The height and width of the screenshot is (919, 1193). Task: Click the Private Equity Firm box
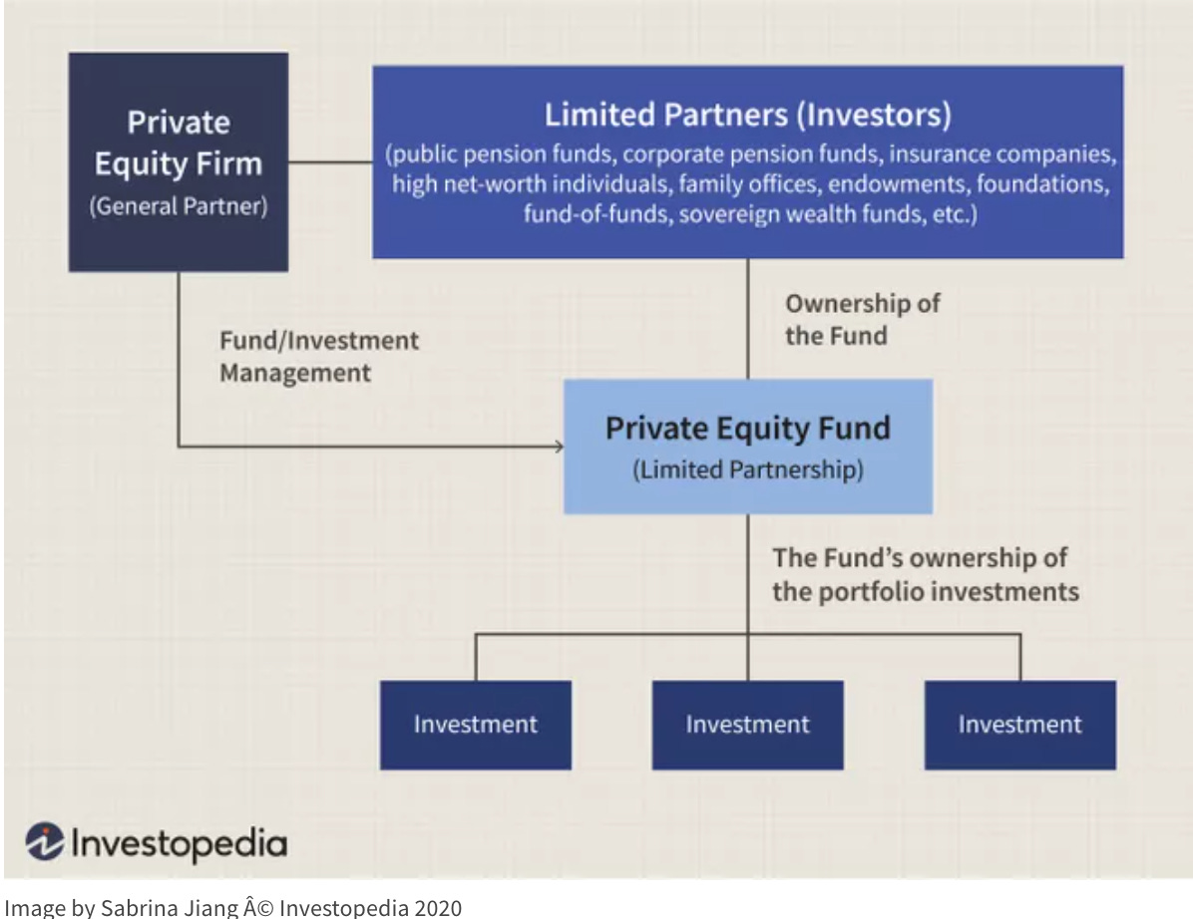click(178, 161)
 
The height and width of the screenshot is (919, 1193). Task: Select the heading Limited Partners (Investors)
click(747, 116)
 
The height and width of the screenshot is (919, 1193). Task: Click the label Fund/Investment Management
click(319, 356)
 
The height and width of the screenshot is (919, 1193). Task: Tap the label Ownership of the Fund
click(862, 319)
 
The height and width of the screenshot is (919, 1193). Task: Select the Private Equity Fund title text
click(747, 429)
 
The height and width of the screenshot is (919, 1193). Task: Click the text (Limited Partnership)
click(747, 469)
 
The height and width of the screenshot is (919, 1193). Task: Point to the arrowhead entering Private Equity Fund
click(557, 446)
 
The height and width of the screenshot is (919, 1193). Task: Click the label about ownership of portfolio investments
click(925, 574)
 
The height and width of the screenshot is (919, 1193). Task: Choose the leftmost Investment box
click(475, 725)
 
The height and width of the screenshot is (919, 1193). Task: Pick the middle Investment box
click(747, 725)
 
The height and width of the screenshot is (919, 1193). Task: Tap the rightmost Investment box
click(1019, 725)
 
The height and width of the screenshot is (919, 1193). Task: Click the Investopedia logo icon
click(45, 842)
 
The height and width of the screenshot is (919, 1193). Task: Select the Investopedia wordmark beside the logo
click(178, 843)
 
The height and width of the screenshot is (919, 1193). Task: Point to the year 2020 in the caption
click(440, 907)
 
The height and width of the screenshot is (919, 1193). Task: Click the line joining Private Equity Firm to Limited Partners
click(330, 161)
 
